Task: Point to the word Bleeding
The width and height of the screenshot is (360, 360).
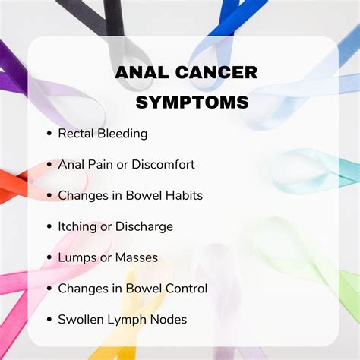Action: [123, 134]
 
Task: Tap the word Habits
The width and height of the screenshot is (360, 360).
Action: [183, 195]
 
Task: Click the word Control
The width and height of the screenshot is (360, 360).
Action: [185, 288]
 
